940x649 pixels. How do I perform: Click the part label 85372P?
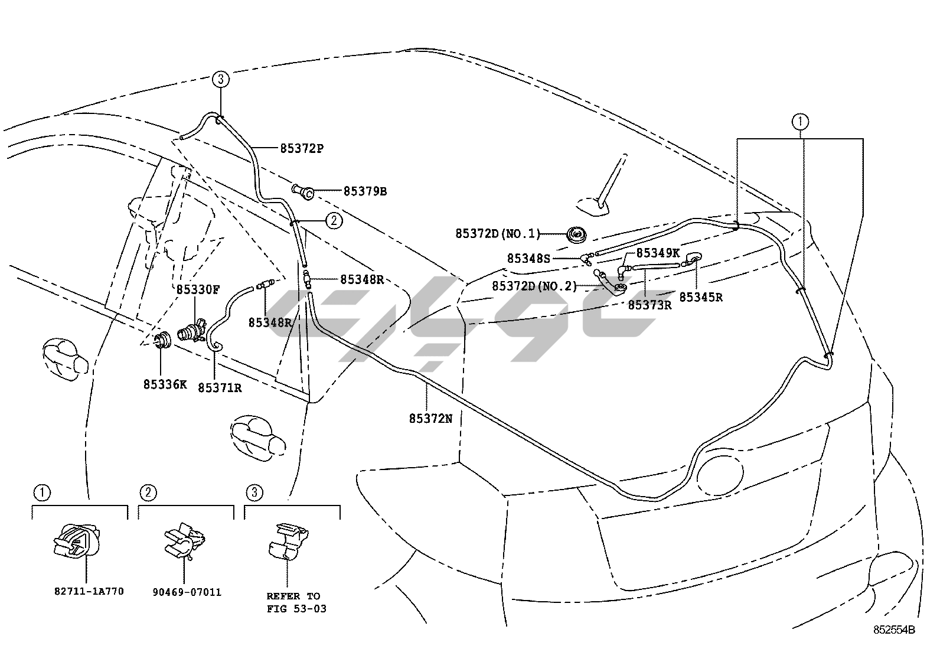tap(302, 148)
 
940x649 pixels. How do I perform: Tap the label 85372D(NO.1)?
tap(498, 234)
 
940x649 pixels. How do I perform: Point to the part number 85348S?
tap(528, 258)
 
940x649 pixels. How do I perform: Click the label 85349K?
tap(658, 253)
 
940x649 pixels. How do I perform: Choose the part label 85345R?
tap(700, 297)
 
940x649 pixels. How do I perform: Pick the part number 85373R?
tap(649, 305)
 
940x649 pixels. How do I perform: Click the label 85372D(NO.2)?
tap(534, 286)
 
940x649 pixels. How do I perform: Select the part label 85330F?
tap(198, 289)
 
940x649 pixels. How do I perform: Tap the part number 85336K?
tap(165, 384)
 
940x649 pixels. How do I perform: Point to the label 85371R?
tap(219, 387)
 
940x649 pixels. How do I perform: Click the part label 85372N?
tap(430, 418)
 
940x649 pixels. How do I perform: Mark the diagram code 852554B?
tap(895, 630)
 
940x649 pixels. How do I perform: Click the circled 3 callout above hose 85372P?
tap(220, 79)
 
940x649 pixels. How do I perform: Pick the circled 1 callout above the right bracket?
tap(800, 122)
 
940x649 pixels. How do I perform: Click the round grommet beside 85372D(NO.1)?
tap(576, 234)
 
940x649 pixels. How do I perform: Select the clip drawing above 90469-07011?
tap(184, 542)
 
